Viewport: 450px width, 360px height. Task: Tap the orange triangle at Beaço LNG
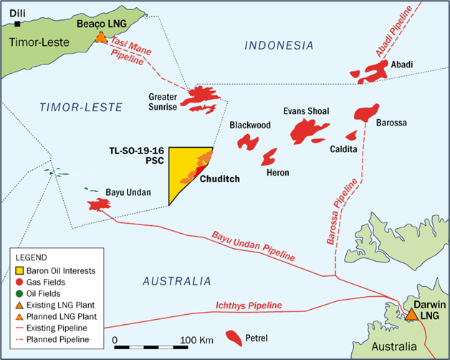[102, 37]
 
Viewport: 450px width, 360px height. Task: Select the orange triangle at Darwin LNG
[412, 314]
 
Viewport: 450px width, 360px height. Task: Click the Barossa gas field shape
[366, 113]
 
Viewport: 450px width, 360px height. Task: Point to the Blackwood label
[249, 125]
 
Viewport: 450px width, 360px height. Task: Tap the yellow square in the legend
[21, 270]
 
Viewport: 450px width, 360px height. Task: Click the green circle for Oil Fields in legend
[21, 293]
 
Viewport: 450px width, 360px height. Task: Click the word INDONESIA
[279, 45]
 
